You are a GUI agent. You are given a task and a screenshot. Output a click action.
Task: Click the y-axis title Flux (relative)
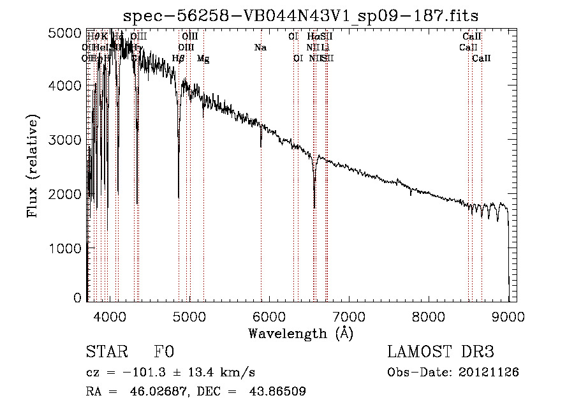[33, 166]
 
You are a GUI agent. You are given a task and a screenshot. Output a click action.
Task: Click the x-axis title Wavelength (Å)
[300, 333]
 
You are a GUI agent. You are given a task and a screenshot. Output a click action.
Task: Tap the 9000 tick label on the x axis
[508, 316]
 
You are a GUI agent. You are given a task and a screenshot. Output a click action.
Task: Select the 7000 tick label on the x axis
[348, 316]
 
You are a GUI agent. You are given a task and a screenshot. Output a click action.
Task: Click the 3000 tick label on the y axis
[65, 140]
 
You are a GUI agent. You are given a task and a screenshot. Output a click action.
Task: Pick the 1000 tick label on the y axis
[65, 248]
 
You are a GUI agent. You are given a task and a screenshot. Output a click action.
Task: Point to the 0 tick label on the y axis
[77, 298]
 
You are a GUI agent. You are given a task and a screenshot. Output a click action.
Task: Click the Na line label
[260, 47]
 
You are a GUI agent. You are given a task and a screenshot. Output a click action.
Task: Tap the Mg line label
[203, 59]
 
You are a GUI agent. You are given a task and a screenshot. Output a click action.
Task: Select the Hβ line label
[179, 59]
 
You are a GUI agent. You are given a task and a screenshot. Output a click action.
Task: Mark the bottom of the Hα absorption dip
[314, 207]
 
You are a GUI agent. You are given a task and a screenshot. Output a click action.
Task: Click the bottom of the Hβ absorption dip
[179, 152]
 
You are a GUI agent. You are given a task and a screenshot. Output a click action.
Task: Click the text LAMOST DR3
[441, 352]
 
